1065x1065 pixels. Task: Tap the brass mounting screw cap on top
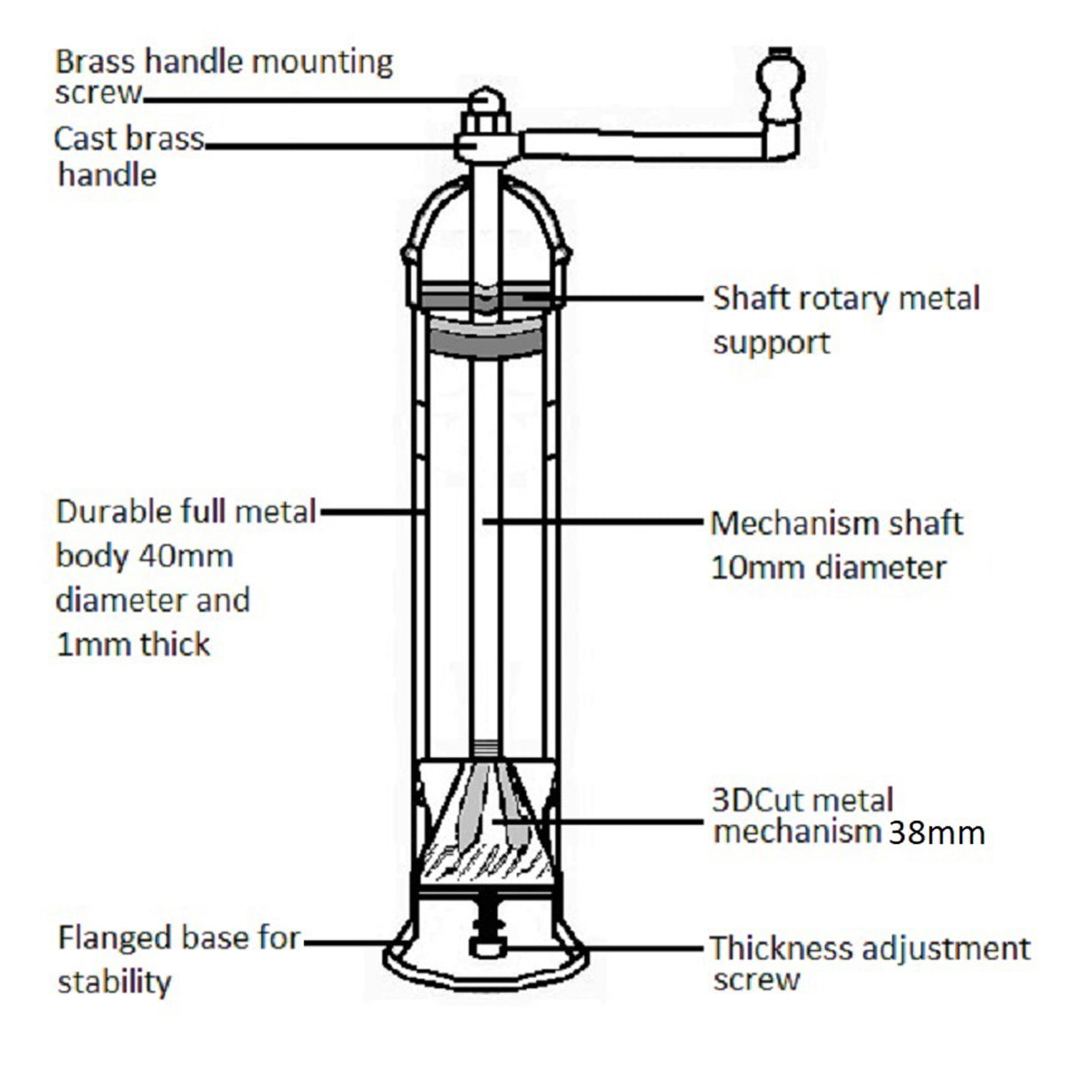tap(485, 99)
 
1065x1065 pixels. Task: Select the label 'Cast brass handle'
tap(129, 155)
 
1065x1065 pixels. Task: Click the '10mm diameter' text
tap(828, 567)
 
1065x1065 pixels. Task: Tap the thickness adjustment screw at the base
tap(486, 928)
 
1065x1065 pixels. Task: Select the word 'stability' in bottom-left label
tap(114, 982)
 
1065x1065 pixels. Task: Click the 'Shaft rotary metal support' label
tap(846, 319)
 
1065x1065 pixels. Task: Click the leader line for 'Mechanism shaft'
tap(595, 523)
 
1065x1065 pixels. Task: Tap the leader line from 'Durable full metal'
tap(373, 511)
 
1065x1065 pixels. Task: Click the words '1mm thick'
tap(133, 643)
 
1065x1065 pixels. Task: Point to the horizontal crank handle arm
tap(639, 145)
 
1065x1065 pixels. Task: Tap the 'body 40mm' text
tap(144, 556)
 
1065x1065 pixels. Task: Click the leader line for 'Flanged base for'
tap(346, 943)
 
